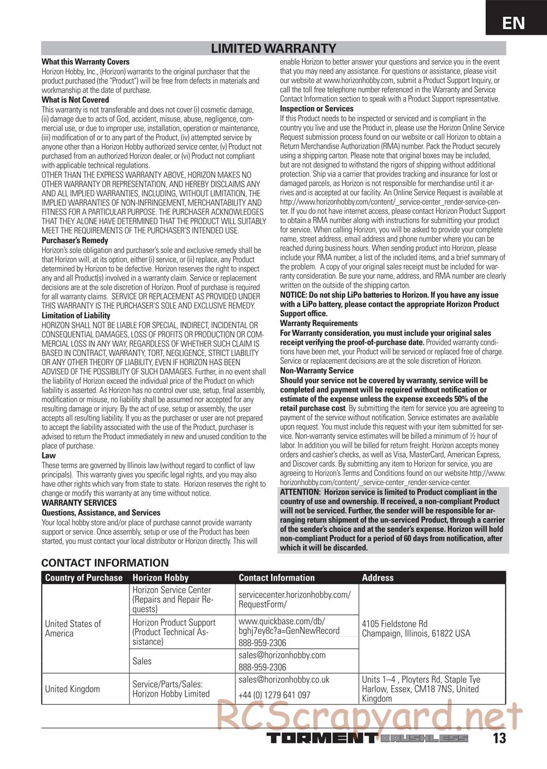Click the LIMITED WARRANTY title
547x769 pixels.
pos(273,49)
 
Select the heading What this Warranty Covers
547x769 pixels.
pos(85,62)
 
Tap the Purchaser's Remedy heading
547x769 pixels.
pos(75,240)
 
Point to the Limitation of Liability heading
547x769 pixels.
pos(76,315)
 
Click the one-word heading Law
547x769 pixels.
pos(49,455)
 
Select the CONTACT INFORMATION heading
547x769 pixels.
pos(105,563)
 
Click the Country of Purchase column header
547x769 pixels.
pos(84,578)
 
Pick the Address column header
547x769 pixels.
pos(377,578)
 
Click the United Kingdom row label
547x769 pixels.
pos(72,689)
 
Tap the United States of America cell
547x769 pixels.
pos(73,628)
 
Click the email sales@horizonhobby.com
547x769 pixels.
pos(282,655)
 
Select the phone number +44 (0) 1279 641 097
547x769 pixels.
pos(274,695)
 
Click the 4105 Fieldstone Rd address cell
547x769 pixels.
pos(416,628)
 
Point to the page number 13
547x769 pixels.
pos(499,738)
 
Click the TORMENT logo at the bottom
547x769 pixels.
pos(322,738)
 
